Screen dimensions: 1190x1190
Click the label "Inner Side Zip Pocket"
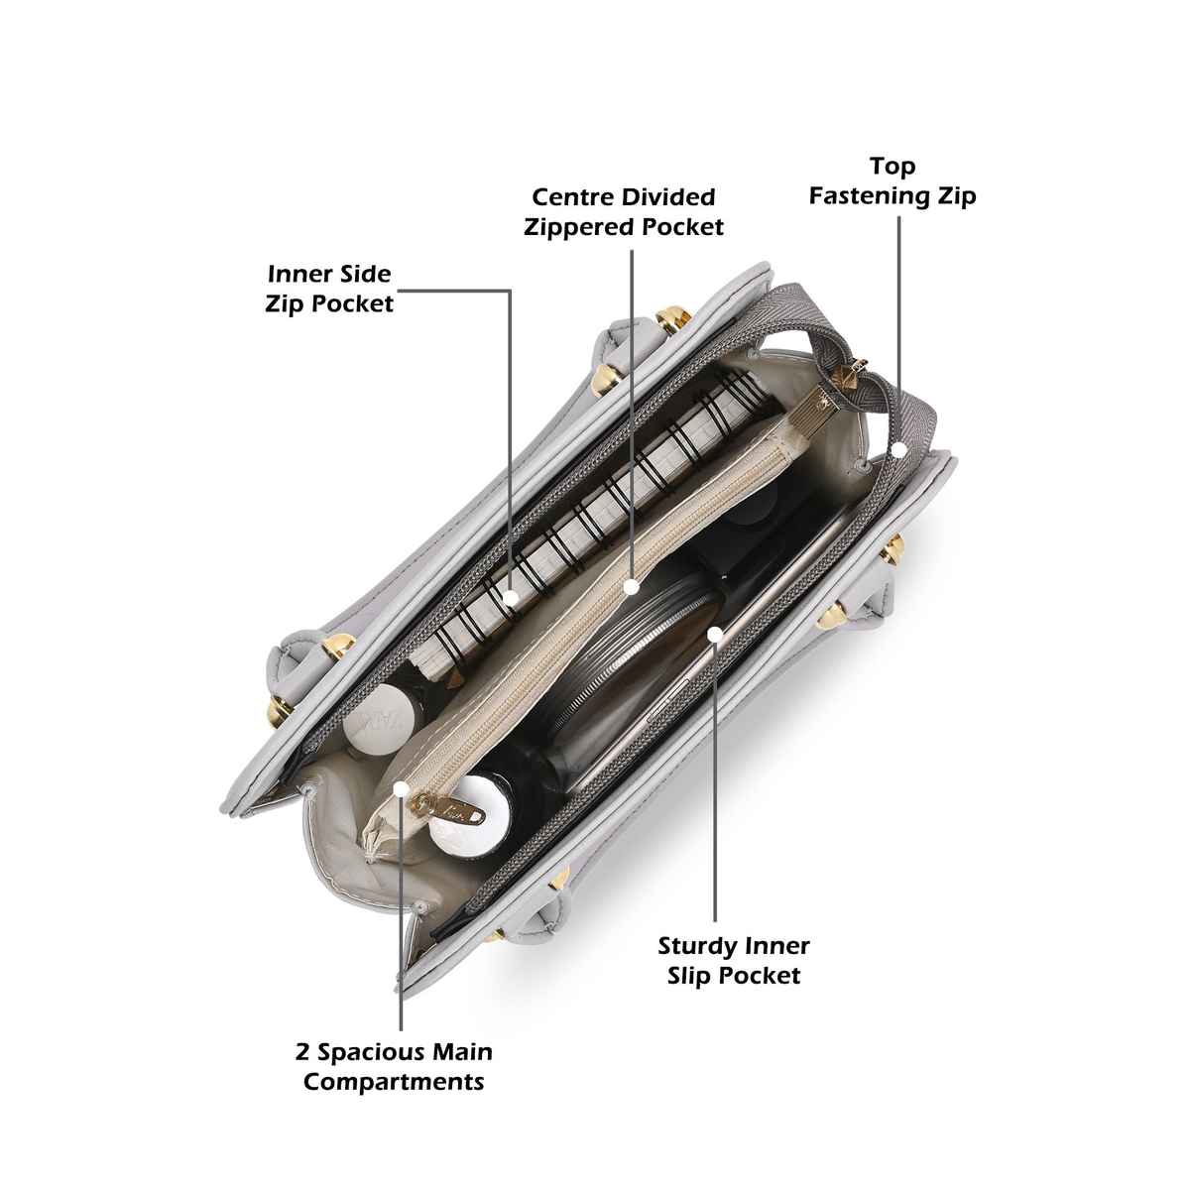(x=329, y=289)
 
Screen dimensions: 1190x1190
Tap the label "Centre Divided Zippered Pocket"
(x=624, y=212)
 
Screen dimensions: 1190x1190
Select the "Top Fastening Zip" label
(x=892, y=180)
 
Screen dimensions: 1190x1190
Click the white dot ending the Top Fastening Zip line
(x=899, y=450)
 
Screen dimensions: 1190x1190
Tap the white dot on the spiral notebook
(x=510, y=597)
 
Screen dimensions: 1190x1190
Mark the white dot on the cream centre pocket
(x=631, y=587)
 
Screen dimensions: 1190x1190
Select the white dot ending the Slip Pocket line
(x=714, y=635)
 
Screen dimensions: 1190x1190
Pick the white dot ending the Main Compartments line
(x=401, y=788)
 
